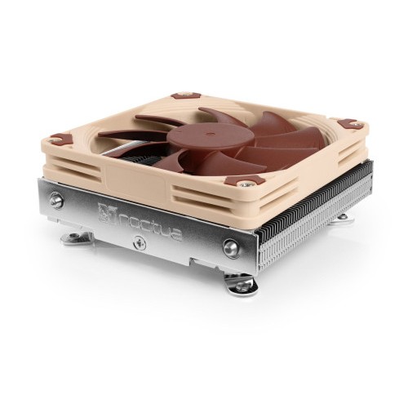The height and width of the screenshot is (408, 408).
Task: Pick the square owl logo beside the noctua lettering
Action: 105,213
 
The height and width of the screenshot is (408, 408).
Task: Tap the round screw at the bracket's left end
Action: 56,199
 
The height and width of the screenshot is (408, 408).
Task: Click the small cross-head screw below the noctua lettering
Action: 138,242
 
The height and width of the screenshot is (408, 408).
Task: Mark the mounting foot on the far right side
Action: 341,217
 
